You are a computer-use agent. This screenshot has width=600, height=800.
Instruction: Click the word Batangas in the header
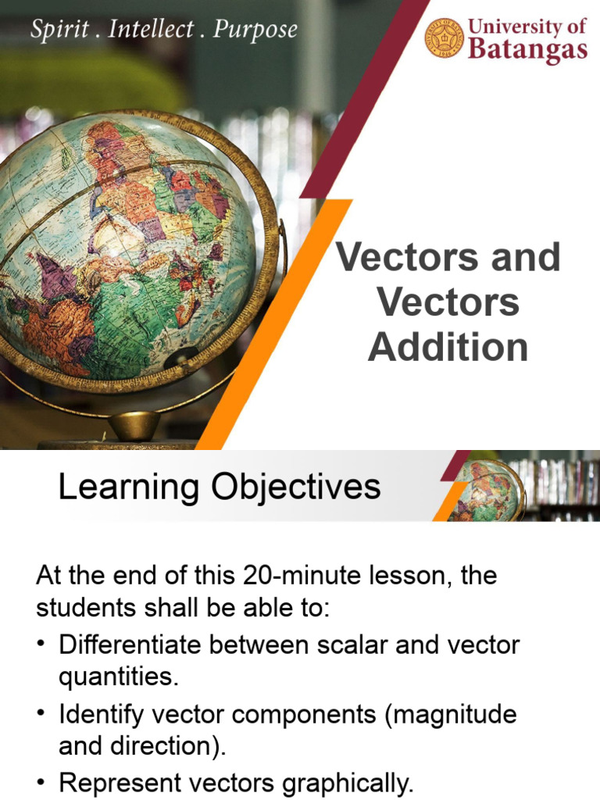[x=527, y=49]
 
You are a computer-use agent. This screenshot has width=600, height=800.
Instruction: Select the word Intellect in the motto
[x=154, y=30]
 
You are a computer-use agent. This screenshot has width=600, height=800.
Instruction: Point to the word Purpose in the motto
[x=255, y=31]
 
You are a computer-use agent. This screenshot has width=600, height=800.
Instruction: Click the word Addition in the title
[x=448, y=347]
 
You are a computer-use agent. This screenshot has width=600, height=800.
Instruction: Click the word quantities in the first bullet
[x=118, y=677]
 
